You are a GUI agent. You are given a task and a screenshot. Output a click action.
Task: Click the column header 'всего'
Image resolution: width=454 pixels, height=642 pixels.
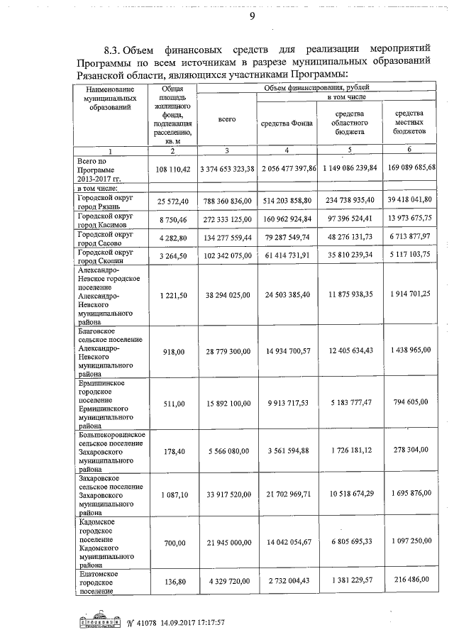coord(226,120)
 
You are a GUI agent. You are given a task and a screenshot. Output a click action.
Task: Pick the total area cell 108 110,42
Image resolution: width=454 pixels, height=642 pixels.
coord(172,168)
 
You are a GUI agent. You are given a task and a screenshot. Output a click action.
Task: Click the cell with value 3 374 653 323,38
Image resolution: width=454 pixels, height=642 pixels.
coord(227,168)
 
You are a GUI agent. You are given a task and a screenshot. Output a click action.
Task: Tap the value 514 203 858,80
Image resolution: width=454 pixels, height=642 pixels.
coord(287,201)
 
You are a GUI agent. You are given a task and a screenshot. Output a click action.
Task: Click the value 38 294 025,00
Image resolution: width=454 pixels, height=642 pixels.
coord(227,292)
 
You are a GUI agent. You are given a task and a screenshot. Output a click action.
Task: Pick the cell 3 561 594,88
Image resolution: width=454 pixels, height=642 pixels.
coord(287,451)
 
